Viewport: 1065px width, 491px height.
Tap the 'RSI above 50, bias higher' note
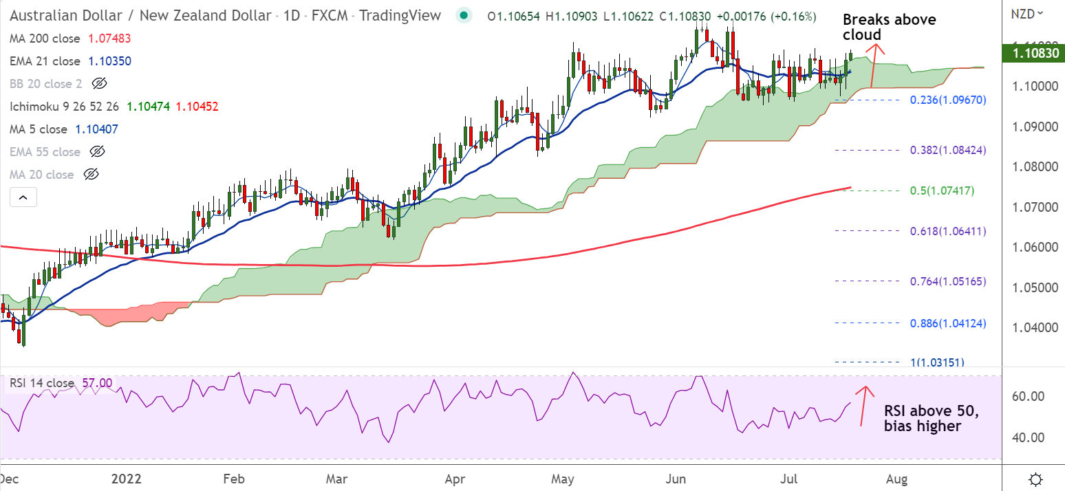pos(931,419)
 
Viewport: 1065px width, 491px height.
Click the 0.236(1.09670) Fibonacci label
pos(948,100)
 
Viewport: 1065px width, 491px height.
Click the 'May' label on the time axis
pos(563,478)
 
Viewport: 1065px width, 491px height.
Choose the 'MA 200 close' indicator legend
pos(45,39)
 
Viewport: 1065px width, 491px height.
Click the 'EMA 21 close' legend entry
pos(45,61)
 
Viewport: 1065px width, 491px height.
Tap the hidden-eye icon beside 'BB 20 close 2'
pos(100,84)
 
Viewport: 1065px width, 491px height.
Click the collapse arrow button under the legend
pos(23,198)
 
